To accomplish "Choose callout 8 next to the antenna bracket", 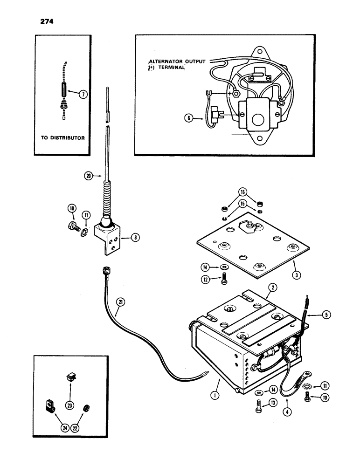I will (135, 238).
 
